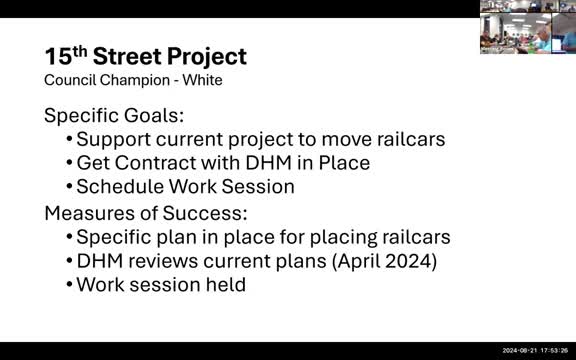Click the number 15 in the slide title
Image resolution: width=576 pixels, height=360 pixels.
[x=57, y=56]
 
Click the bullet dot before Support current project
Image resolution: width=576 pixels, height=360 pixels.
[x=69, y=138]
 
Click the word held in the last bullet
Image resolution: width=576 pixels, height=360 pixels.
[x=225, y=285]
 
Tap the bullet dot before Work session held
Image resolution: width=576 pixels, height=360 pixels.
[x=69, y=285]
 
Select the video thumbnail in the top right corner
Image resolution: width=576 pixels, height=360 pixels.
[x=527, y=27]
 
